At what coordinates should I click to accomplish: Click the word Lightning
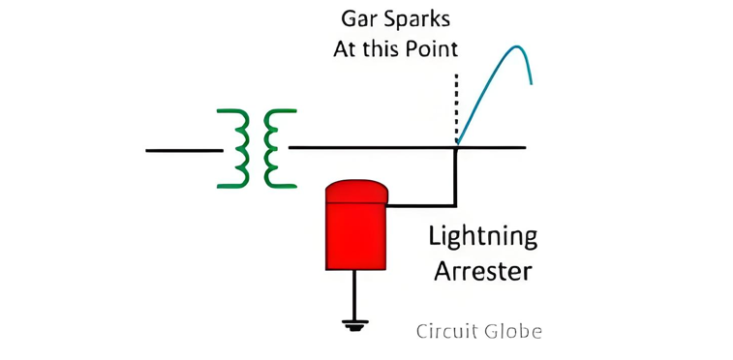(x=483, y=239)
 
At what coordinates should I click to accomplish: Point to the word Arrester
(x=483, y=271)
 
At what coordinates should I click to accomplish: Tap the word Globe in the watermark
(x=513, y=332)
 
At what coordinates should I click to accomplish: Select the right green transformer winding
(x=271, y=148)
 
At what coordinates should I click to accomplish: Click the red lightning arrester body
(x=356, y=236)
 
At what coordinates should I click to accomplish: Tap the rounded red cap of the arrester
(x=356, y=192)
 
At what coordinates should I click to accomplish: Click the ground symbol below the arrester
(x=354, y=325)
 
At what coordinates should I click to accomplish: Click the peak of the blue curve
(x=516, y=46)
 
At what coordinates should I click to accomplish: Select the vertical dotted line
(x=456, y=108)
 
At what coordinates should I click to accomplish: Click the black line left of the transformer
(x=184, y=150)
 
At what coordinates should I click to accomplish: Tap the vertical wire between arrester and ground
(x=354, y=295)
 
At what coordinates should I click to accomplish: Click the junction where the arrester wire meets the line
(x=456, y=147)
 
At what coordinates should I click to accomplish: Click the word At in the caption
(x=345, y=49)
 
